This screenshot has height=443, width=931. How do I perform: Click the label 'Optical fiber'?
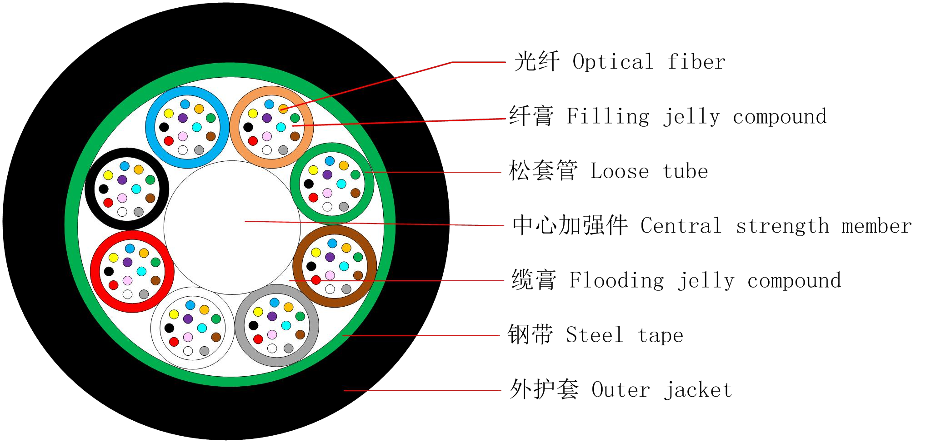click(x=649, y=62)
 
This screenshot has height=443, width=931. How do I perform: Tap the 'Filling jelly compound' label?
click(x=696, y=117)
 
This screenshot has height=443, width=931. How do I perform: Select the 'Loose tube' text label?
click(x=649, y=172)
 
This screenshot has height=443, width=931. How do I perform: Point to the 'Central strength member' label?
click(x=776, y=226)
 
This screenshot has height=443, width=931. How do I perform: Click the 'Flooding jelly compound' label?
click(x=705, y=281)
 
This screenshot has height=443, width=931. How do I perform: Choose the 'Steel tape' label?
click(x=624, y=336)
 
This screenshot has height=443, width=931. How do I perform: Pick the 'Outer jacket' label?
click(x=661, y=390)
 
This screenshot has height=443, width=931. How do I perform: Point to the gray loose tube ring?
click(x=240, y=325)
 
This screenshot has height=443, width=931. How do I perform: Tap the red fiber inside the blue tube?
click(x=169, y=141)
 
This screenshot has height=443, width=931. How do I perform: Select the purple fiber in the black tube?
click(x=122, y=180)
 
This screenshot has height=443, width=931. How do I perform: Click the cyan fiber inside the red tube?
click(x=141, y=271)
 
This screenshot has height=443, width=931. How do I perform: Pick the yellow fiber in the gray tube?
click(x=258, y=312)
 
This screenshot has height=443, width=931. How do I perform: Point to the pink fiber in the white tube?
click(x=188, y=337)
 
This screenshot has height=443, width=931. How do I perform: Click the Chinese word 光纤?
click(x=536, y=62)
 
